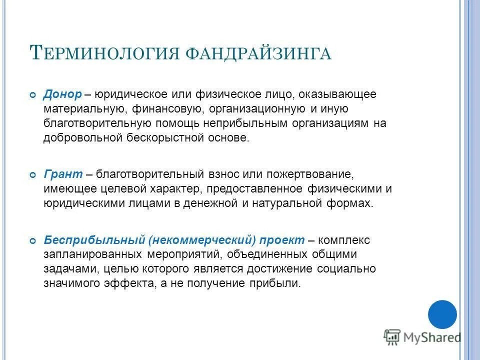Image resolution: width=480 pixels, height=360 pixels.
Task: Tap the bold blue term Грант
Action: coord(63,175)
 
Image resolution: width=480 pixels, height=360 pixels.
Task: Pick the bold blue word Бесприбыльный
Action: coord(94,240)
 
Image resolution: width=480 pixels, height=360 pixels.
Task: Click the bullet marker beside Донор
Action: coord(33,95)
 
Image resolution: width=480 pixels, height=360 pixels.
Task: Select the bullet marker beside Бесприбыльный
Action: coord(33,241)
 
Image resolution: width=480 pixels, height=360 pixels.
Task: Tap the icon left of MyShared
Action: coord(392,337)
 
